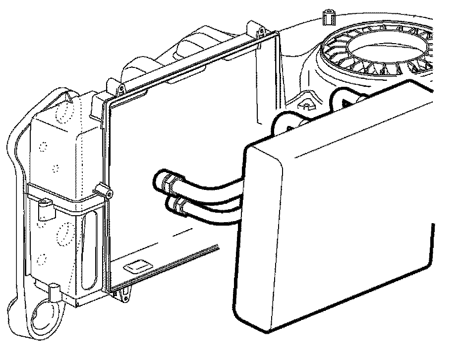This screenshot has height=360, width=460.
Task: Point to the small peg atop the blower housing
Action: point(327,16)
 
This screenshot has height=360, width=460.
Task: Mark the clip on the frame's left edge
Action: point(105,191)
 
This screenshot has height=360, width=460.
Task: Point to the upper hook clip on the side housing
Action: point(46,208)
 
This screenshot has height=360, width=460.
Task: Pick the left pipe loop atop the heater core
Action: point(285,121)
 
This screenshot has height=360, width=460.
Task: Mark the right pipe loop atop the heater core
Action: point(342,97)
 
